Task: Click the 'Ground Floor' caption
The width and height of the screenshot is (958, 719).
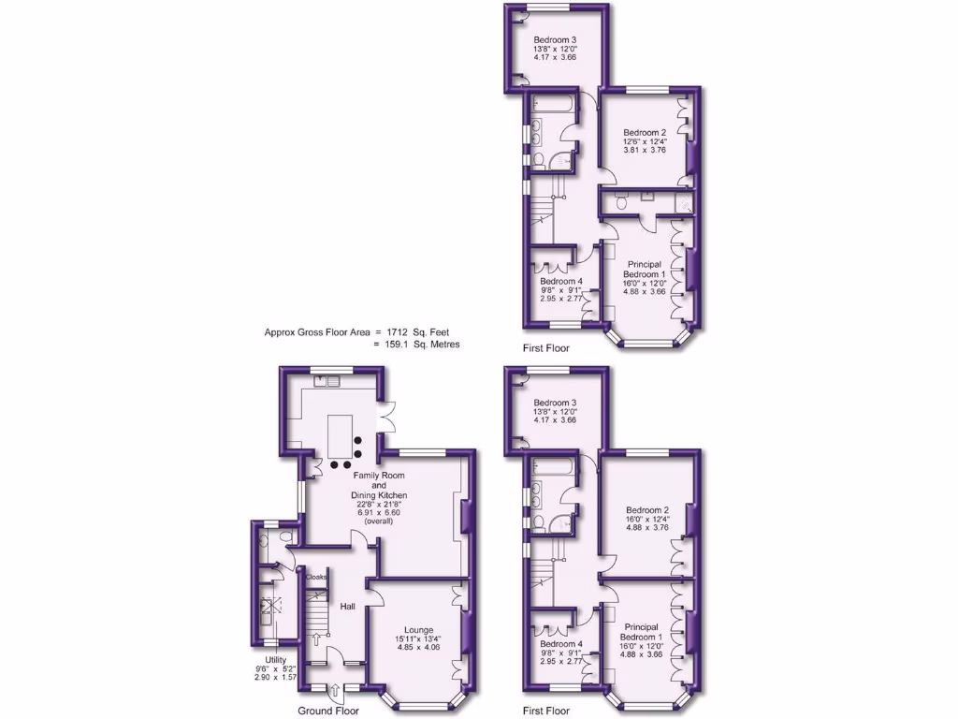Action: tap(328, 711)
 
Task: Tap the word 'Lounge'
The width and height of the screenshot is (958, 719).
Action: tap(419, 629)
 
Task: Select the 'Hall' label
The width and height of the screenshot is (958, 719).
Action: tap(348, 607)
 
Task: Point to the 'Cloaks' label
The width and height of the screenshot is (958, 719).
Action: tap(316, 577)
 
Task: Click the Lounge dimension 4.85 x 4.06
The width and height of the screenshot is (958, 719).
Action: tap(419, 647)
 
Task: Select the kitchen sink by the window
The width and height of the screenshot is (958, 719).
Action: tap(328, 381)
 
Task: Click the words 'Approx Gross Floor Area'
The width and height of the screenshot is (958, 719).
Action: tap(318, 331)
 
